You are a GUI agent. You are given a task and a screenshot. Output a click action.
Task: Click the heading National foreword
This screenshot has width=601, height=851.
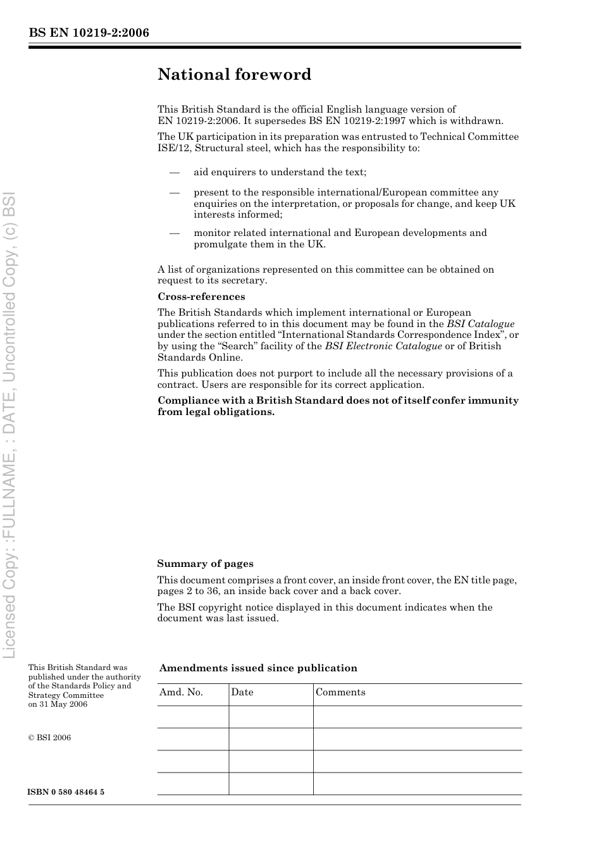[234, 75]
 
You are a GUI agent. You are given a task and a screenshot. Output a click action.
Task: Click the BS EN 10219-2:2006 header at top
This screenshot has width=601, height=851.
[89, 33]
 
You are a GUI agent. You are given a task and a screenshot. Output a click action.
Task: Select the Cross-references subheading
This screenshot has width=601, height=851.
[201, 297]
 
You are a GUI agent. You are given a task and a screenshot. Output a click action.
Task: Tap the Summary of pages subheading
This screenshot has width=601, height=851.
[205, 564]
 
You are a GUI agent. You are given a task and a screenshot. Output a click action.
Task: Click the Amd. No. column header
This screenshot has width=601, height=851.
[181, 692]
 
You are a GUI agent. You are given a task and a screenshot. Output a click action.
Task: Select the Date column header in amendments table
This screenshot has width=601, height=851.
[242, 692]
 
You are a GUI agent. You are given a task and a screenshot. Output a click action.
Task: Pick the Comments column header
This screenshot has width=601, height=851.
[340, 692]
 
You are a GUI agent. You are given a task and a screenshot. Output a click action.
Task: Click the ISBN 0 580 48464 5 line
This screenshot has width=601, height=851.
[66, 792]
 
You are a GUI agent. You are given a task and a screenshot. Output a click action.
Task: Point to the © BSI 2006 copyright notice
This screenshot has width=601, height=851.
[50, 738]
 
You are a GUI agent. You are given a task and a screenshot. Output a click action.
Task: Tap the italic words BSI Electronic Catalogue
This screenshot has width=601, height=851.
[383, 346]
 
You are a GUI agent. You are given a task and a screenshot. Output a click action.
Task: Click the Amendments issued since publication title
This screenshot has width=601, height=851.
[258, 668]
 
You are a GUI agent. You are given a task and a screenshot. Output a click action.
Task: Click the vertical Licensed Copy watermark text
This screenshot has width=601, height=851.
[10, 424]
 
